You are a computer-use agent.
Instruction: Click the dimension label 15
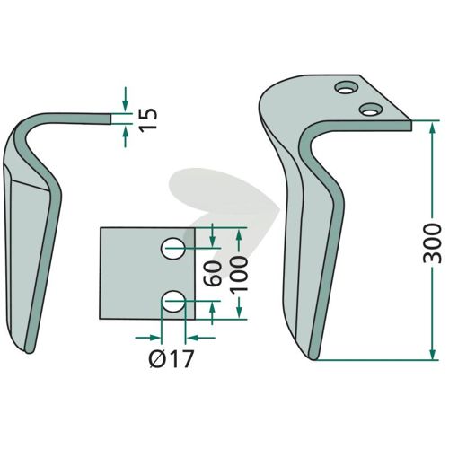click(x=149, y=119)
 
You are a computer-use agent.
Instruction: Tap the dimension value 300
click(x=432, y=243)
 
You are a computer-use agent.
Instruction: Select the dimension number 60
click(x=212, y=273)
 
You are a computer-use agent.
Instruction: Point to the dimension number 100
click(x=239, y=274)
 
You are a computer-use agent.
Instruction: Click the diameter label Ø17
click(x=172, y=358)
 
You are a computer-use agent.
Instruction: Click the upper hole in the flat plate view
click(x=173, y=248)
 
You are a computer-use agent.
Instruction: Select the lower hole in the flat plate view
click(x=173, y=302)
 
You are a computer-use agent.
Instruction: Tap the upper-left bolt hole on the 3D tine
click(x=347, y=87)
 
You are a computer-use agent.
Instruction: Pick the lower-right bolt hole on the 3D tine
click(x=371, y=110)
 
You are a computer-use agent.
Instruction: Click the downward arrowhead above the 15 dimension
click(x=126, y=105)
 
